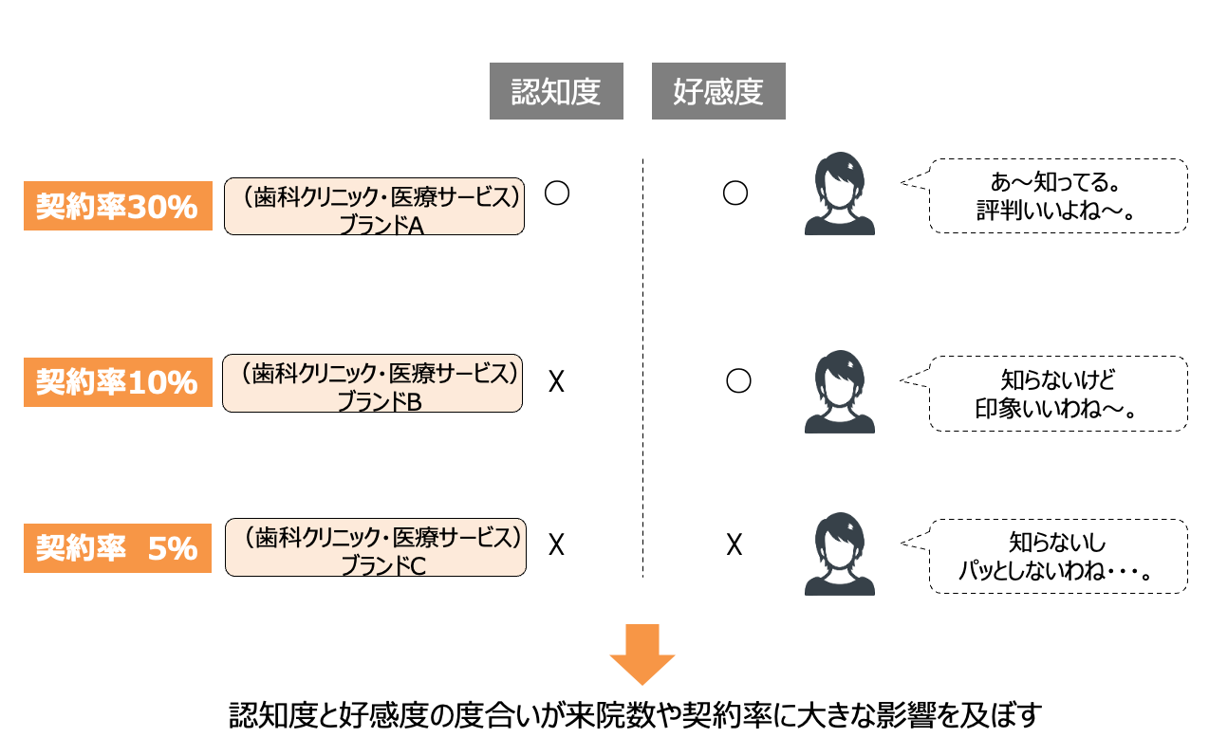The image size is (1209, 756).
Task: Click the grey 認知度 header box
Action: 556,92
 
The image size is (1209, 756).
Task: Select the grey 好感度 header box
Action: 718,92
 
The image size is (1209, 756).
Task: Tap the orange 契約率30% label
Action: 118,206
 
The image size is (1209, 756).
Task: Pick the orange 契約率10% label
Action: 118,382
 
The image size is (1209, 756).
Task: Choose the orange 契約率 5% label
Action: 118,548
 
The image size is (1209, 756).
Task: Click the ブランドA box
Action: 374,206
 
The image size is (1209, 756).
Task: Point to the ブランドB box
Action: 372,383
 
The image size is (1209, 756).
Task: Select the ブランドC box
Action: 375,547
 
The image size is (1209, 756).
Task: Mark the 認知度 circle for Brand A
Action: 557,194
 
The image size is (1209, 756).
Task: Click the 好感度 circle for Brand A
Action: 735,194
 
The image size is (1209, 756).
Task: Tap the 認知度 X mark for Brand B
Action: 557,382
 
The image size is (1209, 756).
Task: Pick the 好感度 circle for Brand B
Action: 738,381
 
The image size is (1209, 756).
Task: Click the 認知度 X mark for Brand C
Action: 557,544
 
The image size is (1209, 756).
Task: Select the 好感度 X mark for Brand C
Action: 734,544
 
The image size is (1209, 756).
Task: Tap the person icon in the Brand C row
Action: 839,554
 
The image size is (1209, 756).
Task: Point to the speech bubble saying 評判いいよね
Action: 1057,195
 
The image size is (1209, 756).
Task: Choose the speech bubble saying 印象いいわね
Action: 1057,394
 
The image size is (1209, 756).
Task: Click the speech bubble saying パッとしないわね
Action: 1057,556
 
